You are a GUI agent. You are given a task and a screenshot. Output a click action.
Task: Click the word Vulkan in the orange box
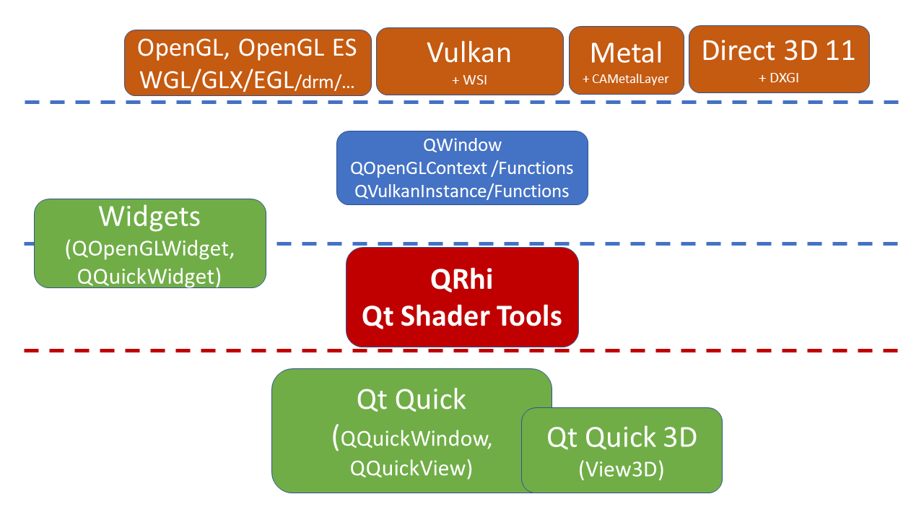point(469,53)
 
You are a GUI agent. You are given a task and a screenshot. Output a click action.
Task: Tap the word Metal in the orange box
point(626,53)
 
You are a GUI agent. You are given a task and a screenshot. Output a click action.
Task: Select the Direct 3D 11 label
point(778,51)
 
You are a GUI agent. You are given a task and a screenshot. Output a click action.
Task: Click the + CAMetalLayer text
point(626,79)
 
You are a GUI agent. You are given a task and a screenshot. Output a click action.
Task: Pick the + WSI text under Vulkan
point(469,79)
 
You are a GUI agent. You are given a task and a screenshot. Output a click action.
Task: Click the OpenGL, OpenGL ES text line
point(247,48)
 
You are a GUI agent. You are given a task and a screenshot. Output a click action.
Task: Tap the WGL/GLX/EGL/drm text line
point(247,79)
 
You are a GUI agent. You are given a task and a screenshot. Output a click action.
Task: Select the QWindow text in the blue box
point(462,145)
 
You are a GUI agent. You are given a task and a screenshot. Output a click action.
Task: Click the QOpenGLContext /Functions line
point(462,168)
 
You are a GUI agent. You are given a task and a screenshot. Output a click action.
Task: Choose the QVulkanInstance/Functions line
point(462,191)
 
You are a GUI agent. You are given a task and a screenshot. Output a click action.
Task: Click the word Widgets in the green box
point(149,217)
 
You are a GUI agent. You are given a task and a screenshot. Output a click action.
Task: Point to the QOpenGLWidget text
point(149,249)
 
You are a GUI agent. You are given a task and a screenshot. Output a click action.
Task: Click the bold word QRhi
point(462,279)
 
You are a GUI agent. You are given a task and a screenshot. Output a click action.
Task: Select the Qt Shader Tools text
point(462,316)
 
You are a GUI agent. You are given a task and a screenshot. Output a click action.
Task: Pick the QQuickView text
point(411,468)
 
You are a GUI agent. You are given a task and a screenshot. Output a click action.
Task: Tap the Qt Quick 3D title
point(622,437)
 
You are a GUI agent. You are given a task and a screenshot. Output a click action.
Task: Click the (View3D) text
point(622,469)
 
